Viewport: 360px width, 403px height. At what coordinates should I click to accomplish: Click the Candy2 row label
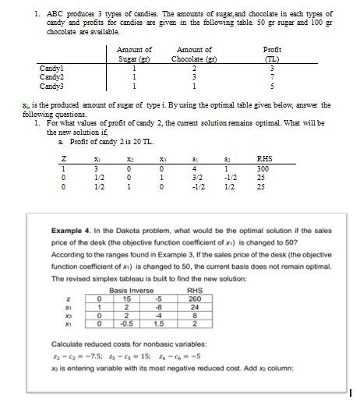51,76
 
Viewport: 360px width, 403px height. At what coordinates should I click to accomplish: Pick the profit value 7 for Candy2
273,76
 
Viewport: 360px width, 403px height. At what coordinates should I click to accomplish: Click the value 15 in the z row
122,299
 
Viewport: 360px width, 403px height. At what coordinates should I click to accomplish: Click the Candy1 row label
51,69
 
